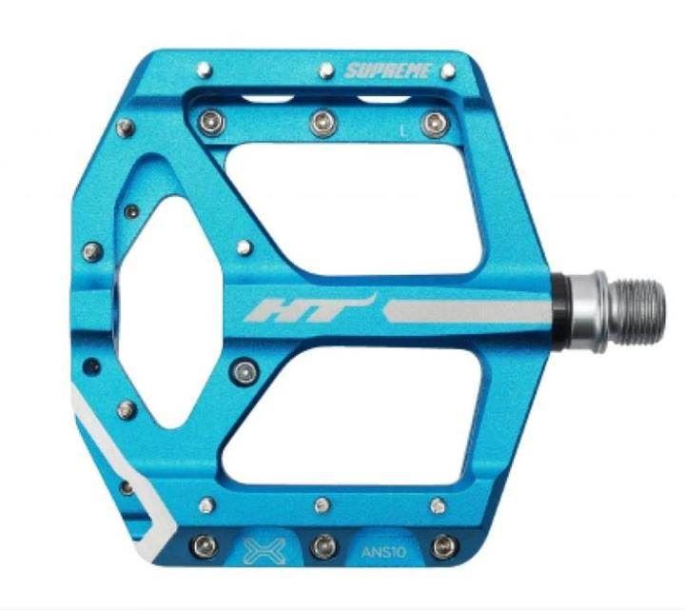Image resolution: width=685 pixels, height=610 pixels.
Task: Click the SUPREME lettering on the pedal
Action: click(388, 70)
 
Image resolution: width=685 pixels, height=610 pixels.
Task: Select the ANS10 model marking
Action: click(383, 552)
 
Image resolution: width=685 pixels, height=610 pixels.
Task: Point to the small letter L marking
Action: click(404, 130)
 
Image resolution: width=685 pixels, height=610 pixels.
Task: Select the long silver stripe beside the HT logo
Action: click(467, 311)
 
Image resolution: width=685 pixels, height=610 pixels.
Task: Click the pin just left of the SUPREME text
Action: click(326, 70)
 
